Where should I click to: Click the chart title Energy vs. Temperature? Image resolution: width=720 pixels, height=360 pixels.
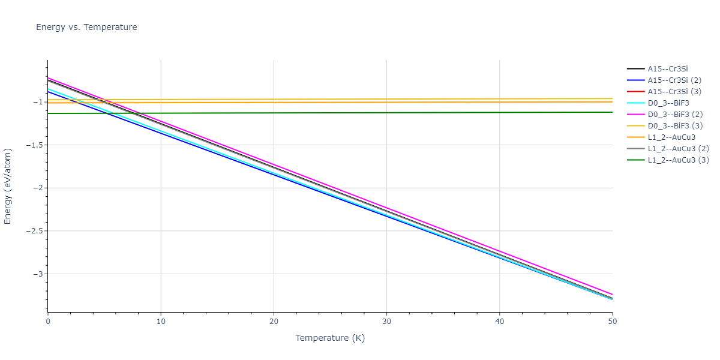86,27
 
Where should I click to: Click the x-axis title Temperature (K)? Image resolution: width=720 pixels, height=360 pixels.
330,338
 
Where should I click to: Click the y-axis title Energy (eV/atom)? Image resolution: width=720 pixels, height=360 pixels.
8,185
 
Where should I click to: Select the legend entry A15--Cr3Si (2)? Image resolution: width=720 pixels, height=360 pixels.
674,80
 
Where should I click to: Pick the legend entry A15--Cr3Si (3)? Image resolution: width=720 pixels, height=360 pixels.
674,92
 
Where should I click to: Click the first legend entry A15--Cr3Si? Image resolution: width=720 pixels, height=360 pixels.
667,69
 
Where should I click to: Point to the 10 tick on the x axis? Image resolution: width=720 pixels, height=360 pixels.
161,322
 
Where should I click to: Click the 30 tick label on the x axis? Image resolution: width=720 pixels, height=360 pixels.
386,322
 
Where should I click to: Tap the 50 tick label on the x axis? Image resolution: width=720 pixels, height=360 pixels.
612,322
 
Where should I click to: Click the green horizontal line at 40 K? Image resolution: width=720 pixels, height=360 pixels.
499,112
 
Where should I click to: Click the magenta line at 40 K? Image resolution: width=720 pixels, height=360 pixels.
499,251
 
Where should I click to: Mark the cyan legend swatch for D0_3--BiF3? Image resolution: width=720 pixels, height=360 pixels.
635,103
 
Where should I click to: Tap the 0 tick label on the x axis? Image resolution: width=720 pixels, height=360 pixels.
48,322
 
